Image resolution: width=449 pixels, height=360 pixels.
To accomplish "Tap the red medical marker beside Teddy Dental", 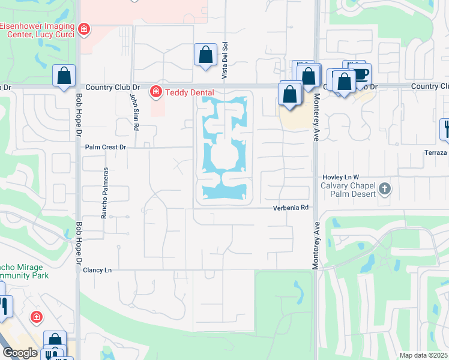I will point(155,91).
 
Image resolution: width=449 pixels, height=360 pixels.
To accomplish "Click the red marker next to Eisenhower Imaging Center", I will point(85,28).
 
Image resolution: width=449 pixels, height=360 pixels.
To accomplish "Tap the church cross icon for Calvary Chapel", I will point(385,190).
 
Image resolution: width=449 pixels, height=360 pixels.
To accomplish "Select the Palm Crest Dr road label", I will point(106,146).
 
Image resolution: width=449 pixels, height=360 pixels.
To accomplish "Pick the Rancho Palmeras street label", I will point(104,193).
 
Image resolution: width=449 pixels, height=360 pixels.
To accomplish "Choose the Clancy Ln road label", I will point(98,271).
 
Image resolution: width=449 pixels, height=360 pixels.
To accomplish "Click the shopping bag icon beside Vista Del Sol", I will point(205,55).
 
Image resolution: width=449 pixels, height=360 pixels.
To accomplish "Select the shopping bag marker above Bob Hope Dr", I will point(64,76).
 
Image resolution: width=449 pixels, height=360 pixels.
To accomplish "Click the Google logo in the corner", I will point(20,353).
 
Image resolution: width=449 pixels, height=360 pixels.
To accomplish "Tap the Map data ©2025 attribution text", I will point(424,355).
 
